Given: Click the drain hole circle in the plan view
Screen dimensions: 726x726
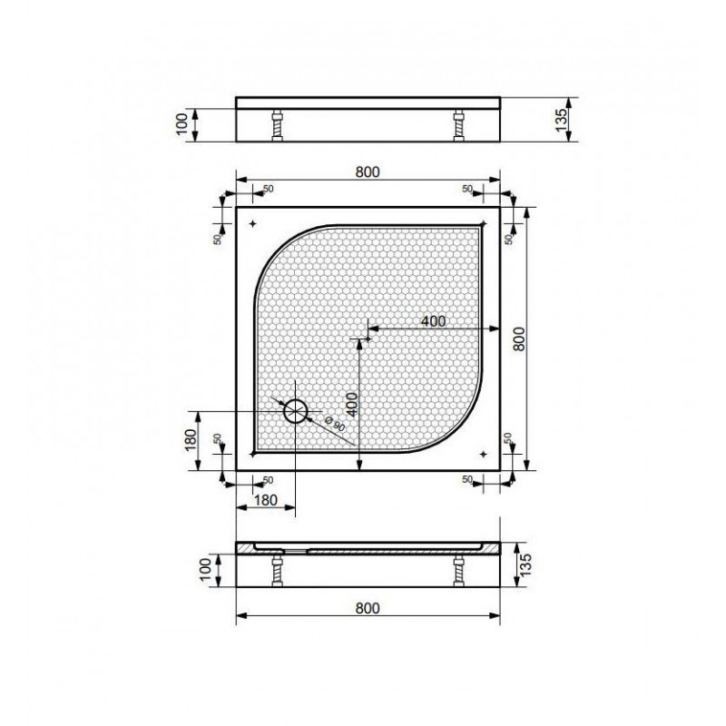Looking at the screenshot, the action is tap(296, 411).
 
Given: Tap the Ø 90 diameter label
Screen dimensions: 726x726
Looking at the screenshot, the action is tap(335, 424).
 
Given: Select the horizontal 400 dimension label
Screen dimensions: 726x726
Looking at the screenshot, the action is tap(433, 321).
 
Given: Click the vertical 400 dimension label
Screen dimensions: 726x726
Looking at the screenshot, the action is tap(351, 404).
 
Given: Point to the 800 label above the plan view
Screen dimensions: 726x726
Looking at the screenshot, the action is tap(368, 172).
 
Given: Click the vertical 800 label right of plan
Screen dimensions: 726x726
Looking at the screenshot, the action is tap(519, 338).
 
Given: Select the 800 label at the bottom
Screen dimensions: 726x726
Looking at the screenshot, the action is tap(368, 608).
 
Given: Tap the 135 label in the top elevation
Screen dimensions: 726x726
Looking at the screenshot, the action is tap(561, 120).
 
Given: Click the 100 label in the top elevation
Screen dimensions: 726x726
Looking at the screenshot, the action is tap(182, 123).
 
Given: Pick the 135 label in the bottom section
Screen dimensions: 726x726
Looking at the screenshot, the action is tap(525, 564).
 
